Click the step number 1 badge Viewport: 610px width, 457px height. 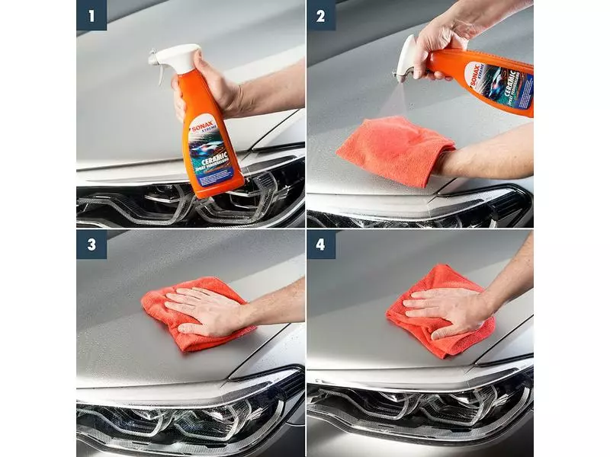pyautogui.click(x=91, y=15)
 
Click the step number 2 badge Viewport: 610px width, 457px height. pyautogui.click(x=321, y=15)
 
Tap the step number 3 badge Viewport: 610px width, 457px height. pyautogui.click(x=91, y=244)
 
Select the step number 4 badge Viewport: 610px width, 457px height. pyautogui.click(x=321, y=244)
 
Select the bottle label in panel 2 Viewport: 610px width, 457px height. pyautogui.click(x=499, y=83)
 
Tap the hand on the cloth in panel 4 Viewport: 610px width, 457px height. pyautogui.click(x=442, y=308)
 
